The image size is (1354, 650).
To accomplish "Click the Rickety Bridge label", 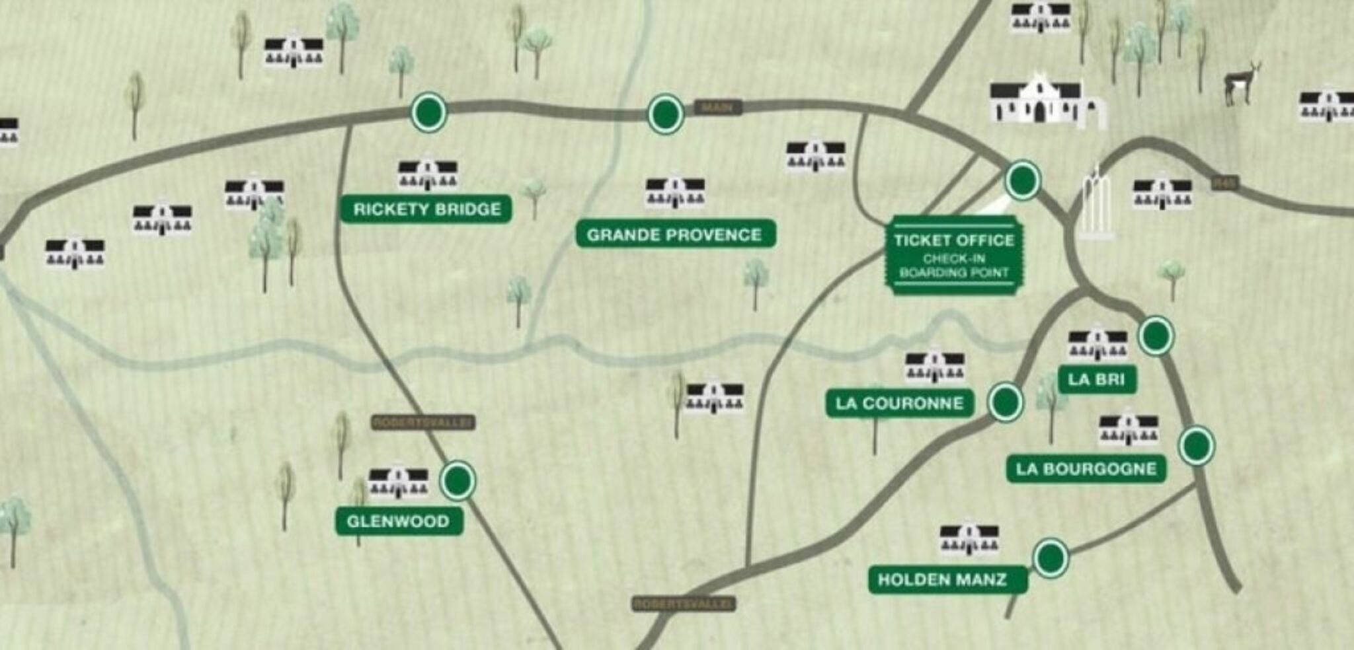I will pyautogui.click(x=426, y=209).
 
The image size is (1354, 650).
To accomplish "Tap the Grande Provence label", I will pyautogui.click(x=674, y=235).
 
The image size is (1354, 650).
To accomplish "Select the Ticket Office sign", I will pyautogui.click(x=953, y=255).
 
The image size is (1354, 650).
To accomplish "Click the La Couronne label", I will pyautogui.click(x=899, y=403).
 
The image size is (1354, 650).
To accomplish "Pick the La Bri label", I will pyautogui.click(x=1096, y=379).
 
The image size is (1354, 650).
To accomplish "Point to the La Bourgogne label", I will pyautogui.click(x=1086, y=469).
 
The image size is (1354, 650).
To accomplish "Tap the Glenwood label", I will pyautogui.click(x=398, y=521).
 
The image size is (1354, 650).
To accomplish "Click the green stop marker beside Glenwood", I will pyautogui.click(x=458, y=480).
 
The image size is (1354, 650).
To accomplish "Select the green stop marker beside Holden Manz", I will pyautogui.click(x=1050, y=558).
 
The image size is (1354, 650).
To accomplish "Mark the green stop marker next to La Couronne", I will pyautogui.click(x=1005, y=401).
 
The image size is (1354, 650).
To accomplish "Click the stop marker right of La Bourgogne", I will pyautogui.click(x=1197, y=446).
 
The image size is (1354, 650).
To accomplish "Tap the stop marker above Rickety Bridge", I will pyautogui.click(x=428, y=112).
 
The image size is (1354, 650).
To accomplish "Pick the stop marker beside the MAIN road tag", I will pyautogui.click(x=665, y=114).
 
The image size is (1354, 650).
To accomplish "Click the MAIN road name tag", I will pyautogui.click(x=717, y=107).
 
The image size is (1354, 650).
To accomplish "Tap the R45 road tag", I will pyautogui.click(x=1224, y=183).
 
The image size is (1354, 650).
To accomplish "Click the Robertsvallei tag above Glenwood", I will pyautogui.click(x=423, y=422).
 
